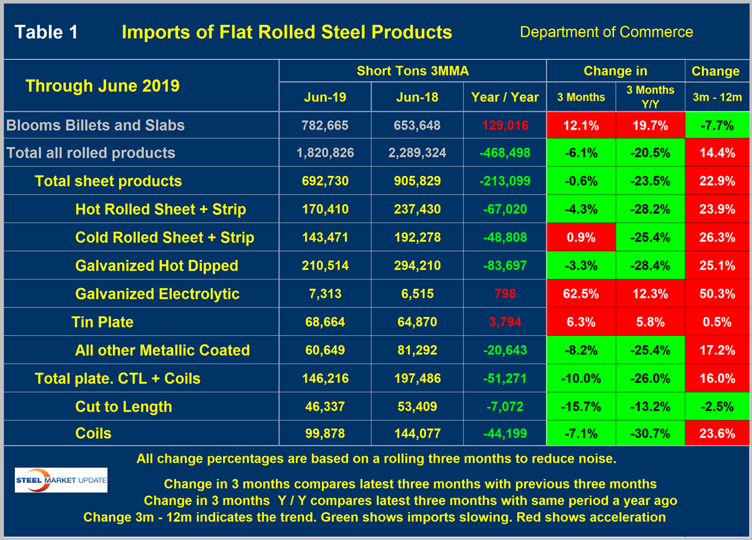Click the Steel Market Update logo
click(x=61, y=480)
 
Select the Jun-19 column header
click(x=325, y=97)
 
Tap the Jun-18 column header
click(x=416, y=97)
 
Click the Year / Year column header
click(x=505, y=97)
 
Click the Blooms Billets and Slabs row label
click(x=95, y=125)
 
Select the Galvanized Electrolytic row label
click(x=157, y=294)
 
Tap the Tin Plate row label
click(x=102, y=322)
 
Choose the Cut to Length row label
click(x=123, y=407)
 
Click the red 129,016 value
click(x=505, y=125)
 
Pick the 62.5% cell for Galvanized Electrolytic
click(x=581, y=294)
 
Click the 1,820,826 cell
click(x=325, y=153)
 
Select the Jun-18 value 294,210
click(x=416, y=265)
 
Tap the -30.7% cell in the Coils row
click(x=650, y=434)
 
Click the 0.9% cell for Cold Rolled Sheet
click(x=581, y=237)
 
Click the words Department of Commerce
click(x=606, y=32)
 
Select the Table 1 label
click(x=46, y=32)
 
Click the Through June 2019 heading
click(x=102, y=86)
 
